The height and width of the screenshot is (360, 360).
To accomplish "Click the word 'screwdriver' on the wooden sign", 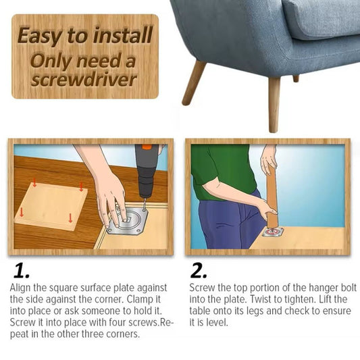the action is tap(84, 80).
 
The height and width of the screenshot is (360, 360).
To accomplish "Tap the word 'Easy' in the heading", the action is tap(40, 36).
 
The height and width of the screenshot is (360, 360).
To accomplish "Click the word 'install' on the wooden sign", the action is tap(123, 34).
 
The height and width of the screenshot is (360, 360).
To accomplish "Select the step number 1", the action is tap(22, 271).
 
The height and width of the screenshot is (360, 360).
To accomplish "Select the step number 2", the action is tap(199, 271).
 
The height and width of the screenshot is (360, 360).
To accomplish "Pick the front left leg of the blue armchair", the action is tap(194, 82).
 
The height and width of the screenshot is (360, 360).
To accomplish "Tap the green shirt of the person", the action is tap(223, 171).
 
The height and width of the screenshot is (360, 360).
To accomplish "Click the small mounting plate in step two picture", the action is tap(273, 232).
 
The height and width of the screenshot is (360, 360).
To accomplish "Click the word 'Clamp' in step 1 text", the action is tap(140, 299).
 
